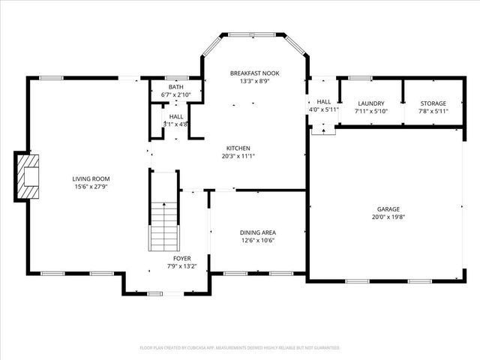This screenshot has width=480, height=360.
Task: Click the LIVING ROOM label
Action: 91,178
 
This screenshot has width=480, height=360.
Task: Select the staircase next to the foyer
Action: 163,225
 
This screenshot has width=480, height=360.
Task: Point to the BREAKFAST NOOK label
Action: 254,73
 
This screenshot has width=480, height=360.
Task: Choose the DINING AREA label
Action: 257,232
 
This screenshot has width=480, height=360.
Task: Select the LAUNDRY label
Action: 371,103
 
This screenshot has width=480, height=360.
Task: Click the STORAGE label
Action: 433,103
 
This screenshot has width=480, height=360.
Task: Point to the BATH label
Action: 175,87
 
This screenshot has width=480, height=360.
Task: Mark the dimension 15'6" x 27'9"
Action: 91,186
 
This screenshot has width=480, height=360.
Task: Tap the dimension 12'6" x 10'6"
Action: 257,240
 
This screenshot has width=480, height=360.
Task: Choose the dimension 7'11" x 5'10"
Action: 371,111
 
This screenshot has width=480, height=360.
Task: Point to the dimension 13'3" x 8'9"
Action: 254,81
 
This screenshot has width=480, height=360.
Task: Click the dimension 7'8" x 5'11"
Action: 433,111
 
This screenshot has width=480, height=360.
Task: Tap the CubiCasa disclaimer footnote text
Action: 240,348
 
